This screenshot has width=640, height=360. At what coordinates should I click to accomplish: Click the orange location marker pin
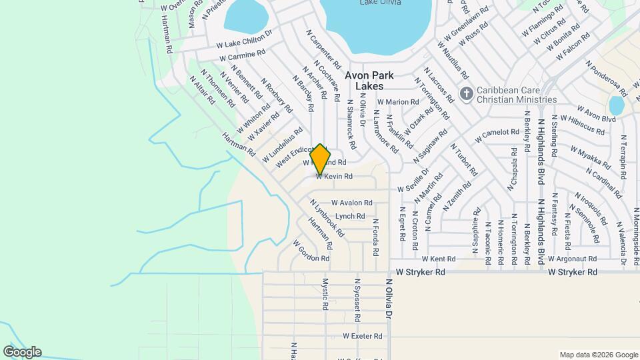pyautogui.click(x=320, y=159)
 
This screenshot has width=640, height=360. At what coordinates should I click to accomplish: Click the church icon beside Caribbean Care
pyautogui.click(x=467, y=93)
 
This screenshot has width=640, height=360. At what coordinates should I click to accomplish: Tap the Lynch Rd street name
pyautogui.click(x=350, y=216)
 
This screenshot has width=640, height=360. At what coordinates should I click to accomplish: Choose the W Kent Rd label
pyautogui.click(x=438, y=259)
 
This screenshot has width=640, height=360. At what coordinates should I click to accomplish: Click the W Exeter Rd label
pyautogui.click(x=363, y=337)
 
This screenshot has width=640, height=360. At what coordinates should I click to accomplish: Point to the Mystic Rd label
pyautogui.click(x=325, y=294)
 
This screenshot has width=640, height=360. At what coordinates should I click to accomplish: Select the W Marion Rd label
pyautogui.click(x=401, y=102)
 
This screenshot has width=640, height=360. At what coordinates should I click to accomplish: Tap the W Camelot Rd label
pyautogui.click(x=496, y=135)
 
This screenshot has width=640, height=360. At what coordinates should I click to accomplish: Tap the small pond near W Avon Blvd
pyautogui.click(x=617, y=105)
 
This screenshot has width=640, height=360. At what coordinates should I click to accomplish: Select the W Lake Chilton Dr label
pyautogui.click(x=245, y=39)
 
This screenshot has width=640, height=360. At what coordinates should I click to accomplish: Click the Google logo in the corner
pyautogui.click(x=22, y=352)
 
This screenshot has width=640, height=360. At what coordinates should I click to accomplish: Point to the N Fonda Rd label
pyautogui.click(x=376, y=239)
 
